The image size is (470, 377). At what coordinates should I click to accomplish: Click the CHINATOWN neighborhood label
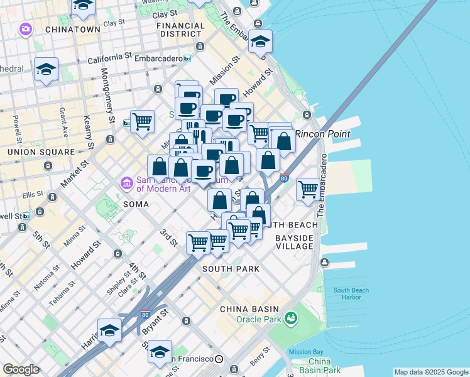coord(72,29)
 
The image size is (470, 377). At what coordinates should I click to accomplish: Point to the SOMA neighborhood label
coord(136,204)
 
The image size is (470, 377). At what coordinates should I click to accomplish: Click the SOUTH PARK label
coord(231,269)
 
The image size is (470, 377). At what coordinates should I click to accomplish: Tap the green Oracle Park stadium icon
coord(290,319)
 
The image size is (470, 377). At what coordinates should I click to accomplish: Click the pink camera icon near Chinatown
coord(25,29)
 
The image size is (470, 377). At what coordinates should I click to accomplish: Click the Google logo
coord(21,369)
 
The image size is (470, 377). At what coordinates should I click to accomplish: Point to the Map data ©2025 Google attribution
coord(431,372)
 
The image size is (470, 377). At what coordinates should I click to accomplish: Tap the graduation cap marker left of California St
coord(46,69)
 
